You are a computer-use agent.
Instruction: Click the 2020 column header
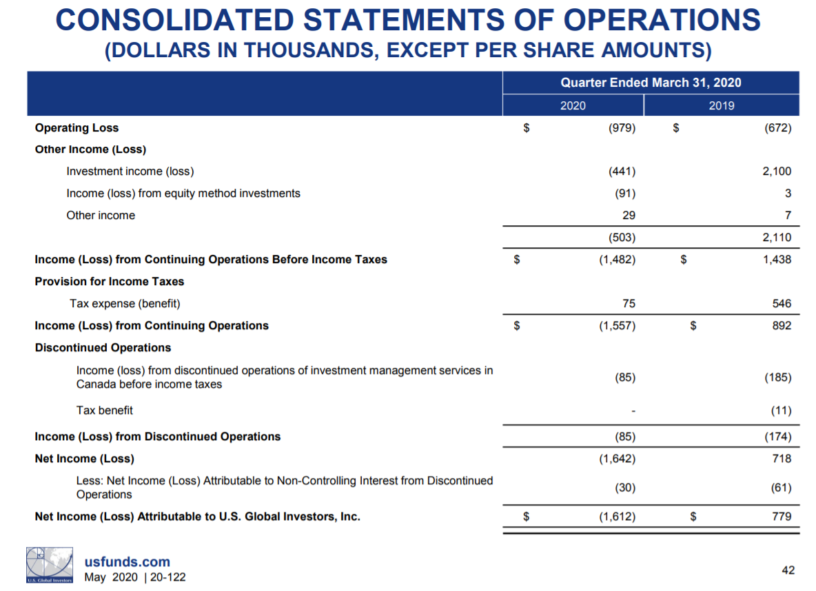573,105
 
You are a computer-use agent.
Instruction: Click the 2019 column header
721,105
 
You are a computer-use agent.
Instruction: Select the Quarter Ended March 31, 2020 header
651,83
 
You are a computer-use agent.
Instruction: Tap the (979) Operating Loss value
620,127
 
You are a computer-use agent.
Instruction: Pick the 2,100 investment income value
777,172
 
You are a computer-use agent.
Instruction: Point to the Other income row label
101,216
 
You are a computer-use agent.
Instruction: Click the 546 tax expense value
782,303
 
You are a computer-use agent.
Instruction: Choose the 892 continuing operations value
782,325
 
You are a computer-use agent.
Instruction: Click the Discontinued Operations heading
103,347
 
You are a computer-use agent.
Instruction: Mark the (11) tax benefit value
780,411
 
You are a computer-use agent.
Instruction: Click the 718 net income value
782,458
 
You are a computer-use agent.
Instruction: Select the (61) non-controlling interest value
780,488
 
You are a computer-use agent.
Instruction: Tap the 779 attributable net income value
782,516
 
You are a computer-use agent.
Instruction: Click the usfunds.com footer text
127,562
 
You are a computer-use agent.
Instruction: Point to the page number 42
788,570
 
